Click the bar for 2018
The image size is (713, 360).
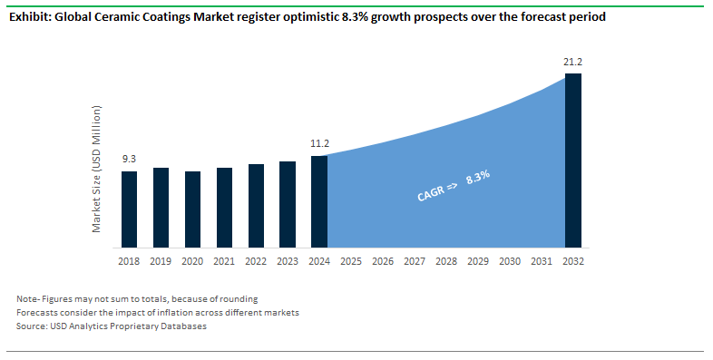[x=129, y=209]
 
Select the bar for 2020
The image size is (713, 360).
[x=192, y=209]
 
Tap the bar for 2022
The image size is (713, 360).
[x=256, y=206]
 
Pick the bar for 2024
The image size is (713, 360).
[x=319, y=201]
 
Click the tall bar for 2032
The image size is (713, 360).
[x=573, y=161]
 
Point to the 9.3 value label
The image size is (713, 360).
[x=129, y=160]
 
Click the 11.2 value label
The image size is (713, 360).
[x=319, y=143]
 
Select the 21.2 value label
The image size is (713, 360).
[x=573, y=62]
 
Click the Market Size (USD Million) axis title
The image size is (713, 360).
[x=97, y=169]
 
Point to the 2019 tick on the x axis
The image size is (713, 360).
[x=161, y=261]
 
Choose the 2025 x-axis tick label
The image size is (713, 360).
[x=351, y=261]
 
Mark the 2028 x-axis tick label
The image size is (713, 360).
[x=446, y=261]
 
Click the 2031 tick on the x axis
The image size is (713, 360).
[x=542, y=261]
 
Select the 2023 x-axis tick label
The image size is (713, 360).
[x=288, y=261]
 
